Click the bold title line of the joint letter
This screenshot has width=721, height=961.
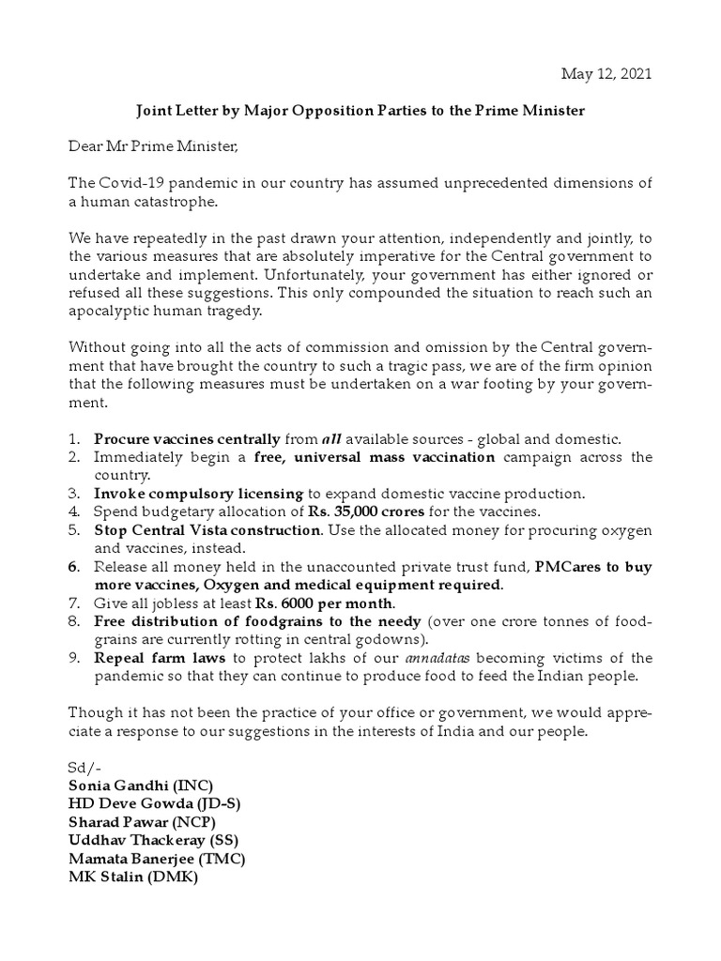coord(360,111)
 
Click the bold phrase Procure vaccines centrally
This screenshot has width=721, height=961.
coord(187,439)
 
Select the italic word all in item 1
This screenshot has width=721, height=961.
coord(330,439)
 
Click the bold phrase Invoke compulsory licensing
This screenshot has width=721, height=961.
coord(198,494)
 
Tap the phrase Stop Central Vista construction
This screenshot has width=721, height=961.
coord(207,530)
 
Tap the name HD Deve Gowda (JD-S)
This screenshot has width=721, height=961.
coord(156,803)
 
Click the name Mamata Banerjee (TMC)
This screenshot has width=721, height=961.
coord(157,858)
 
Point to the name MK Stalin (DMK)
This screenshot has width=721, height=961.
coord(133,877)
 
